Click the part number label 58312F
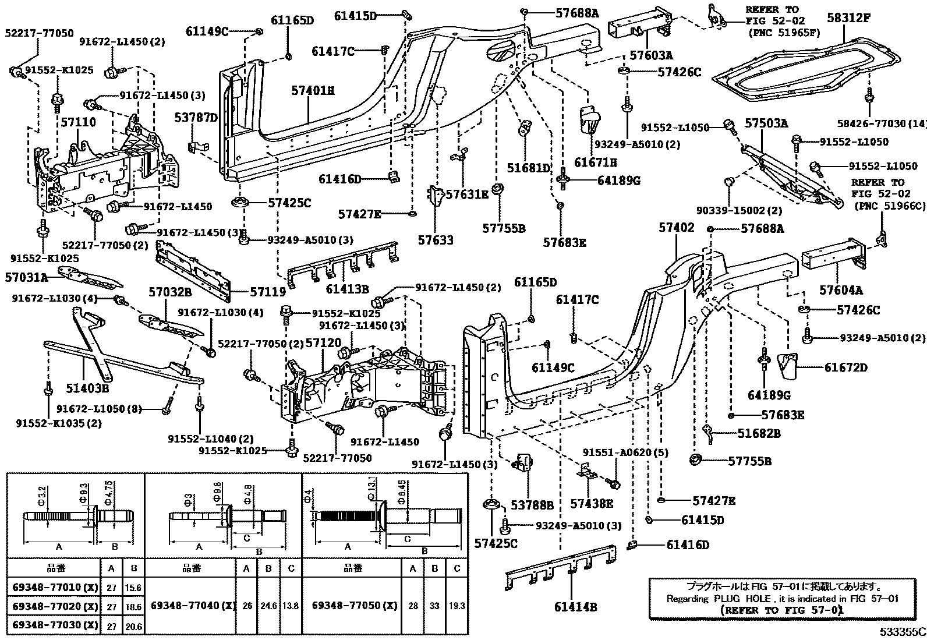(x=849, y=17)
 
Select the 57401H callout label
(x=313, y=90)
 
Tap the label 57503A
(x=766, y=123)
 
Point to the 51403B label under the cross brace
(x=88, y=388)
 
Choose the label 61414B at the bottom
(x=576, y=607)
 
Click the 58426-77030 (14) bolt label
(x=882, y=123)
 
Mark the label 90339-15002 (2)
(x=739, y=210)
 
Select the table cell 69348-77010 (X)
(x=55, y=587)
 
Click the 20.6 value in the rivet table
(x=133, y=627)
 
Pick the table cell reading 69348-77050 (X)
(x=354, y=605)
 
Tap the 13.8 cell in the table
(x=291, y=606)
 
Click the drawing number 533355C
(x=903, y=632)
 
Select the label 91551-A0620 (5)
(x=625, y=452)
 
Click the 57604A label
(x=841, y=290)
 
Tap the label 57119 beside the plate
(x=268, y=292)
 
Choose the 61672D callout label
(x=846, y=367)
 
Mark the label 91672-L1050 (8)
(x=99, y=409)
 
